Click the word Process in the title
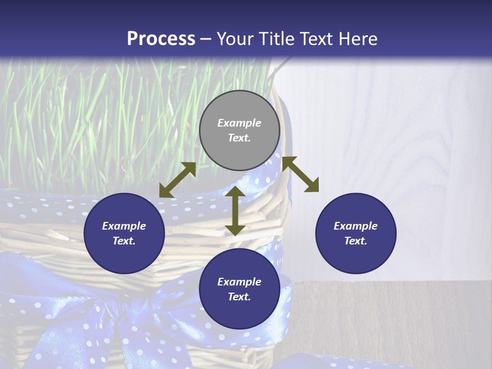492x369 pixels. (161, 39)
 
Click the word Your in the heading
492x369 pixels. (235, 39)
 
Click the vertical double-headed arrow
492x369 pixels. (235, 211)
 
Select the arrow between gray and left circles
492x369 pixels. (177, 180)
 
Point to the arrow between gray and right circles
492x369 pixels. (300, 174)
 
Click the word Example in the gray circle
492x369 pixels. (239, 123)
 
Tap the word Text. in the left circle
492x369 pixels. (124, 241)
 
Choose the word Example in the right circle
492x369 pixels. (356, 226)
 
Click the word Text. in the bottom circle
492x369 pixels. (239, 297)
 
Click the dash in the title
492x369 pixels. (206, 39)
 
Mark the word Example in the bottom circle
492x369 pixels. (239, 282)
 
